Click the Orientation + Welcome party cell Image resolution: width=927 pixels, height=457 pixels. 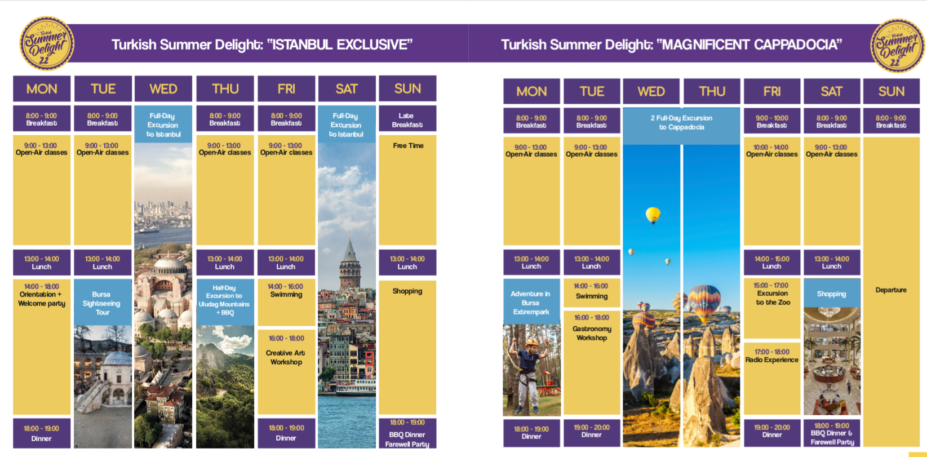coord(41,347)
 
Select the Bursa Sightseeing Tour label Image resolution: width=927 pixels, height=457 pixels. coord(102,303)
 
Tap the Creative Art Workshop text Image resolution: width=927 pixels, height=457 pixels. coord(286,357)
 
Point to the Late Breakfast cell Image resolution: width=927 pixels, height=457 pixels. coord(407,118)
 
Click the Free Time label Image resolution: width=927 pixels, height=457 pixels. coord(408,146)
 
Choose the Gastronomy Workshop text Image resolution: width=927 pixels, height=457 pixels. coord(592,333)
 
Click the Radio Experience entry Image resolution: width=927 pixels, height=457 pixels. coord(772,360)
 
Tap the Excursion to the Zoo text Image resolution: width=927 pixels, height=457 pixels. coord(773,298)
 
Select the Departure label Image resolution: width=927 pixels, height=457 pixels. coord(891,290)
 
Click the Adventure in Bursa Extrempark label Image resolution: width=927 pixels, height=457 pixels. coord(531,303)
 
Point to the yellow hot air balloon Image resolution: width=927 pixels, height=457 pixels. coord(653,215)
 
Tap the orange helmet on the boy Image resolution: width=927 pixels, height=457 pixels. coord(532,343)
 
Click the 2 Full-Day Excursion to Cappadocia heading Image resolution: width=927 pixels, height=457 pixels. coord(681,122)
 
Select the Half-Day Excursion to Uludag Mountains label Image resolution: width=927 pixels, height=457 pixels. coord(224,300)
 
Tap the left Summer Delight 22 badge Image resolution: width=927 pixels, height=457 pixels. coord(47,43)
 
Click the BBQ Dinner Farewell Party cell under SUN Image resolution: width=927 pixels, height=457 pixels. coord(407,433)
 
